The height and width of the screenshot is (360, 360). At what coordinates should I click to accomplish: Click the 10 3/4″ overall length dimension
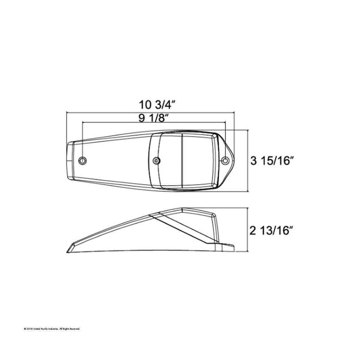click(157, 105)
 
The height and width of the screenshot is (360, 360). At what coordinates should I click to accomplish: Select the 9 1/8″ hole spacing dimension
click(152, 118)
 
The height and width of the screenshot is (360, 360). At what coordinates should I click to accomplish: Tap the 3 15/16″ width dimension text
click(272, 160)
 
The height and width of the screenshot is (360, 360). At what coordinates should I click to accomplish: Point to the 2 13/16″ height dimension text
click(272, 231)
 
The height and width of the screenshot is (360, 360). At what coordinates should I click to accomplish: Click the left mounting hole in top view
click(82, 160)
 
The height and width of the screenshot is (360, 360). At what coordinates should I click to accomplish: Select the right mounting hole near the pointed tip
click(225, 160)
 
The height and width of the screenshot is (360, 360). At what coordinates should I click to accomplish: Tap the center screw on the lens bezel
click(156, 161)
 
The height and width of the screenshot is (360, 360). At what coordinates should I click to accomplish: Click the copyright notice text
click(52, 329)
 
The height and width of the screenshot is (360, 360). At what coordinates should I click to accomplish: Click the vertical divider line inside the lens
click(182, 161)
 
